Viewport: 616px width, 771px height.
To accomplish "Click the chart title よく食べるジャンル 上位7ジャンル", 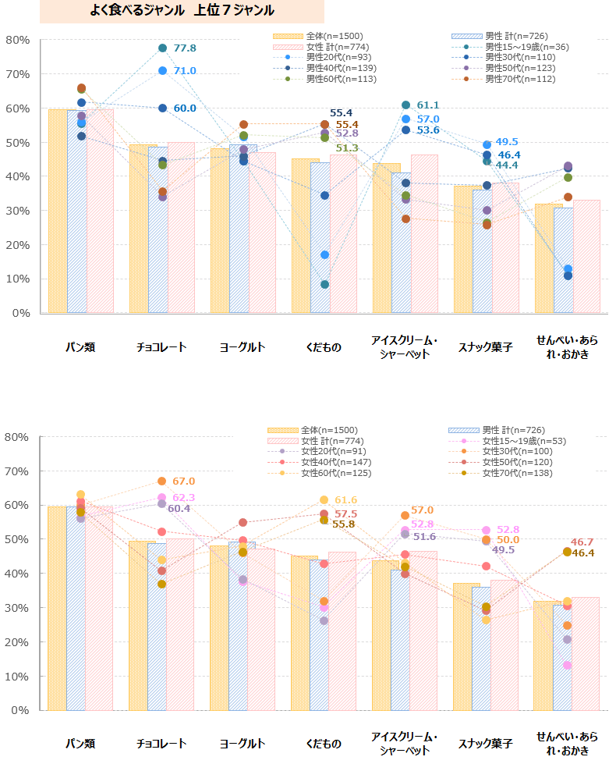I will click(x=182, y=11).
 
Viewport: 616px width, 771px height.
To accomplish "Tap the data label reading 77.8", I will click(x=185, y=48).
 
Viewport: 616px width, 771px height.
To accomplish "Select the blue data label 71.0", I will click(x=185, y=71).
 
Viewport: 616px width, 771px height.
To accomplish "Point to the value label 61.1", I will click(x=428, y=105).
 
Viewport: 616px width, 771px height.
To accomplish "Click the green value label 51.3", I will click(x=347, y=148).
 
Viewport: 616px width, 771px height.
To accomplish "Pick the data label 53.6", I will click(x=428, y=130).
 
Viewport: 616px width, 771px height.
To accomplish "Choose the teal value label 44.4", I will click(x=507, y=165).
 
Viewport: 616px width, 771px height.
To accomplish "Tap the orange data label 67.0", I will click(x=184, y=481).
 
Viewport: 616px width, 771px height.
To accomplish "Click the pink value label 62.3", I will click(x=184, y=498).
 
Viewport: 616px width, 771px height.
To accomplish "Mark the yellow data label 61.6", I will click(x=345, y=500).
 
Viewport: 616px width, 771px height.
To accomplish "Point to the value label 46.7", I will click(x=582, y=542).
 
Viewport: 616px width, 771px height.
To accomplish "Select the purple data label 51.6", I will click(x=425, y=537).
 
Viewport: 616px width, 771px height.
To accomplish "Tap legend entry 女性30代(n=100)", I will click(x=514, y=452).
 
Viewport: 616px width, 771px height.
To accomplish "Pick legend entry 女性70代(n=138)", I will click(x=514, y=473).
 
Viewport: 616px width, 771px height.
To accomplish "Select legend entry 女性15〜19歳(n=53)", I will click(x=524, y=441).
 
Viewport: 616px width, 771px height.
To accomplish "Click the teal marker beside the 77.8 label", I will click(x=162, y=48).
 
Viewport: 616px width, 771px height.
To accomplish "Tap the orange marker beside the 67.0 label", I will click(x=161, y=481).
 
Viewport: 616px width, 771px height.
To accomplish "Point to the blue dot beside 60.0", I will click(x=162, y=108).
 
